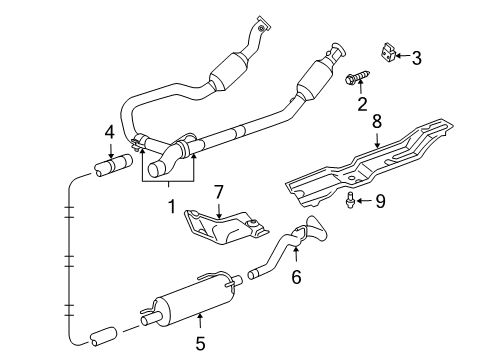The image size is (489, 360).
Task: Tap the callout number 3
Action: (x=416, y=59)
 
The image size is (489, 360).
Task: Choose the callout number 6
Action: (x=295, y=275)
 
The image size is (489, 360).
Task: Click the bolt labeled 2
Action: (x=357, y=76)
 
